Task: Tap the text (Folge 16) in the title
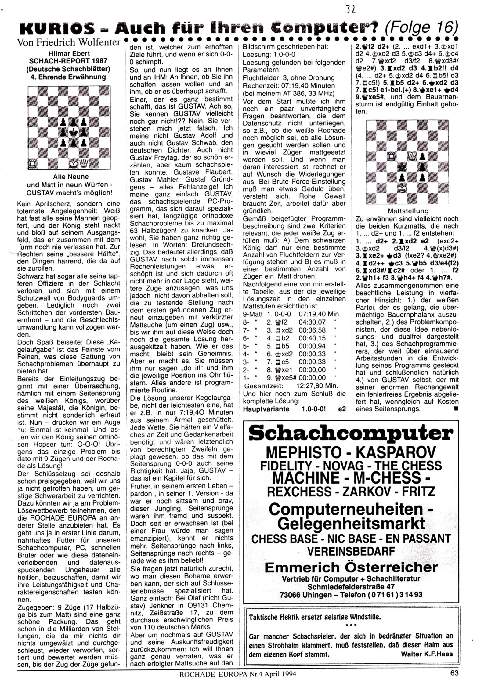click(x=421, y=28)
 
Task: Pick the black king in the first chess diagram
click(x=73, y=132)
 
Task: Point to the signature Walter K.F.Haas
click(x=427, y=654)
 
